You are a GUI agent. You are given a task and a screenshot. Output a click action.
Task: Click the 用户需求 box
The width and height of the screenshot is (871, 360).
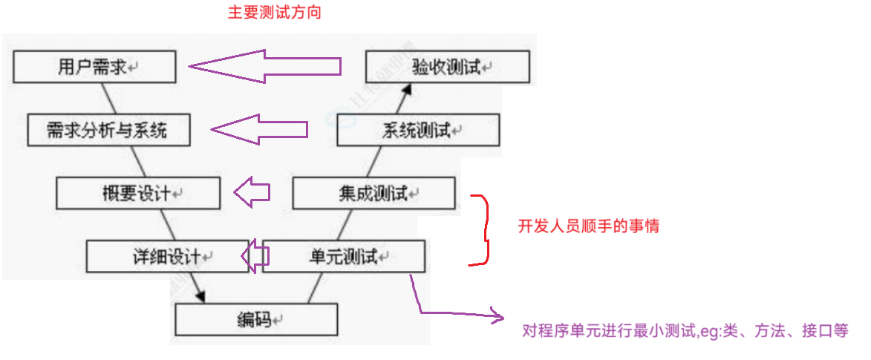(94, 67)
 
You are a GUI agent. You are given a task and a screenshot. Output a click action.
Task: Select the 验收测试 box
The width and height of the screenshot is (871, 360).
(447, 68)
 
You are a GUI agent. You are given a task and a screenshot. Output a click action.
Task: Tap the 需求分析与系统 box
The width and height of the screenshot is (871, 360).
(108, 131)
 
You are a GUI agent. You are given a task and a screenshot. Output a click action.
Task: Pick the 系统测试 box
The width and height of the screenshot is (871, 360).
(417, 131)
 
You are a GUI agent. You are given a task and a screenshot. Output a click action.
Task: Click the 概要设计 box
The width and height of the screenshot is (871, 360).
(138, 194)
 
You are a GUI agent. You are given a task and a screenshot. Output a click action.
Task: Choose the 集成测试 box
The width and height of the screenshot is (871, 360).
(373, 194)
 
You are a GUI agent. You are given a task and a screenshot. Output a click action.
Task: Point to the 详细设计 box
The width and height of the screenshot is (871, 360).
(167, 257)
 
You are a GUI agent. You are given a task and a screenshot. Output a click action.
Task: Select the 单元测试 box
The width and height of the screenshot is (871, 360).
(344, 257)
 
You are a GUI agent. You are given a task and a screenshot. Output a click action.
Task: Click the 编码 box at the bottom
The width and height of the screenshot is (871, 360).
(256, 320)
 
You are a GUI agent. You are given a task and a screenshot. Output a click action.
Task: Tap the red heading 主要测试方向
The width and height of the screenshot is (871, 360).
(275, 13)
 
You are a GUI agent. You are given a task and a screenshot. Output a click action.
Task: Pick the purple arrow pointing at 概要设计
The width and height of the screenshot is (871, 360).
(252, 193)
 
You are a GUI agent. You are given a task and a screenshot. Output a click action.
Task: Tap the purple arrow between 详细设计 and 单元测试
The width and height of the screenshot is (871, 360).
(255, 256)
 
